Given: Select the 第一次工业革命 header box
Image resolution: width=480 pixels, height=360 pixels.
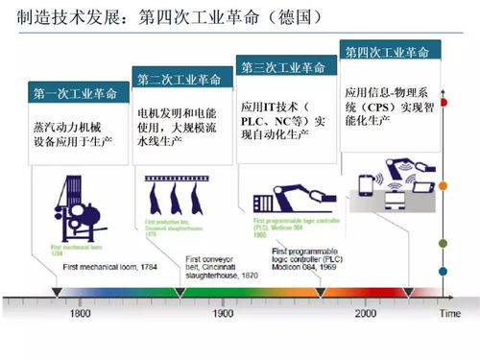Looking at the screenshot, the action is (76, 93).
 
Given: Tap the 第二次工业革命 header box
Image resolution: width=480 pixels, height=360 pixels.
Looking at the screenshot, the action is (181, 78).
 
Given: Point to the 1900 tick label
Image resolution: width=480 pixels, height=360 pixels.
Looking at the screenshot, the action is (223, 314).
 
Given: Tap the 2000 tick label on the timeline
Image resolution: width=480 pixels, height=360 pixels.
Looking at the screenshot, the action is (365, 314).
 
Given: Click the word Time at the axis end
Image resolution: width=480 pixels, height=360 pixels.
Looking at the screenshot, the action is (449, 314).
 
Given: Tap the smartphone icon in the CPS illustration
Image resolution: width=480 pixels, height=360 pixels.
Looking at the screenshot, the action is (367, 186).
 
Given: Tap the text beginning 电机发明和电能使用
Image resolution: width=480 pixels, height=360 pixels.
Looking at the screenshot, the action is (181, 126).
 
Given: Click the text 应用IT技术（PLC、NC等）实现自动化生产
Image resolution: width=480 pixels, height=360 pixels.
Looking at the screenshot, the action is (285, 121).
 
